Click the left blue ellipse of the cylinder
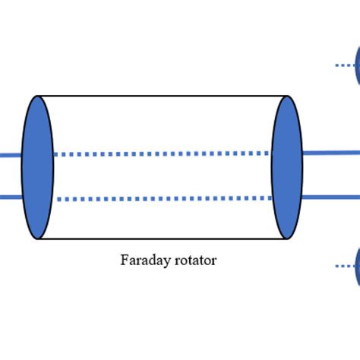click(x=37, y=167)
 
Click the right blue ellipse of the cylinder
click(x=287, y=167)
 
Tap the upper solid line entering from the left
click(x=10, y=154)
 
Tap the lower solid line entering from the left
click(x=10, y=197)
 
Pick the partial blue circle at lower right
click(x=356, y=266)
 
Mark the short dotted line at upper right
click(x=344, y=66)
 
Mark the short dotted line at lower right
click(x=344, y=266)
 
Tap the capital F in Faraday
click(x=124, y=261)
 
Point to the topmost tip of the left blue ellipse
click(x=37, y=96)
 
